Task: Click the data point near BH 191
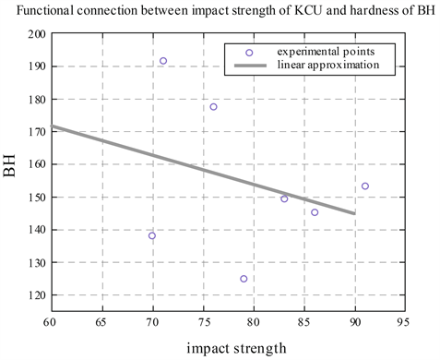click(x=163, y=61)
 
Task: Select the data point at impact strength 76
click(x=213, y=107)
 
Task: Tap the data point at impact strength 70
click(x=152, y=235)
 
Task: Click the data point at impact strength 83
click(x=284, y=198)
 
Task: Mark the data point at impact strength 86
click(x=315, y=212)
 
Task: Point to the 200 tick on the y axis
click(x=36, y=34)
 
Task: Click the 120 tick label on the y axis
click(x=36, y=295)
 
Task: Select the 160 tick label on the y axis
click(x=36, y=164)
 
